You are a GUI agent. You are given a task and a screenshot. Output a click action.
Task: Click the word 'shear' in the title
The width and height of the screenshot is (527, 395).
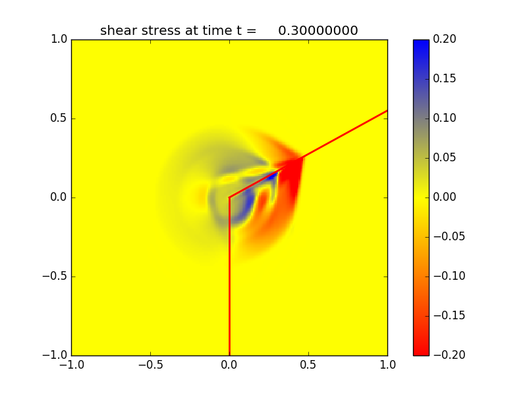coord(116,30)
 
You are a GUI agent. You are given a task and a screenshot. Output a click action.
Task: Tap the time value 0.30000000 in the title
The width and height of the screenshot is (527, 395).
coord(318,30)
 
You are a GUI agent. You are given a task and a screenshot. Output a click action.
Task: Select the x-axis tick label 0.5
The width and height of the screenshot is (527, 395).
coord(308,364)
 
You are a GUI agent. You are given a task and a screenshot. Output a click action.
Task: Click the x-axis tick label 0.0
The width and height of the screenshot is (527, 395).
coord(229,364)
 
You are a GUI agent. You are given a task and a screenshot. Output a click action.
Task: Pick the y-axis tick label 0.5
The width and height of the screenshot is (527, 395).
coord(59,118)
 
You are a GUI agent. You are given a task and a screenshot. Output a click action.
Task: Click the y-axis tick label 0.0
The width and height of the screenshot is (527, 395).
coord(59,197)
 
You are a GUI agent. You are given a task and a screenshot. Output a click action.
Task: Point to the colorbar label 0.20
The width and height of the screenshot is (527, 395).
coord(445,39)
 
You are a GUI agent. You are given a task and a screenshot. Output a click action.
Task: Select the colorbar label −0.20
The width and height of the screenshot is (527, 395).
coord(447,355)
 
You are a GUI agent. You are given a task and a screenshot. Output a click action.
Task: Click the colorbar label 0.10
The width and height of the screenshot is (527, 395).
coord(445,118)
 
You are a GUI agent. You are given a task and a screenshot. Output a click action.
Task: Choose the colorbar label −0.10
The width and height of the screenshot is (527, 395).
coord(447,276)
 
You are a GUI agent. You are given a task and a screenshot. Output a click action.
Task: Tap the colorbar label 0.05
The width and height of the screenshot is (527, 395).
coord(445,158)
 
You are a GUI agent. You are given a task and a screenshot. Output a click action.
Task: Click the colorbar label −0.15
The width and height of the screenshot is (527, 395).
coord(447,315)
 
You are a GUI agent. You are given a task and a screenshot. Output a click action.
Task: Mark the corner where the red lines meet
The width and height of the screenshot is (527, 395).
coord(229,197)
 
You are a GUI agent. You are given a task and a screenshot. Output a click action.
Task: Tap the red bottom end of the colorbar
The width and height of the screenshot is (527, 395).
coord(421,351)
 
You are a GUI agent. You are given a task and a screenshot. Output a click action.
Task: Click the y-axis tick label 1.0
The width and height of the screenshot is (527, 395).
coord(59,39)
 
